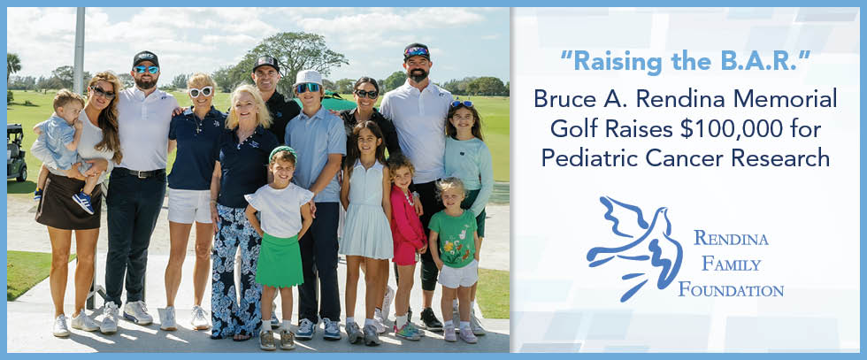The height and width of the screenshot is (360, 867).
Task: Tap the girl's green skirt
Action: [x=280, y=259]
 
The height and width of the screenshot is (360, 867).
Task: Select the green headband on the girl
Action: [x=282, y=151]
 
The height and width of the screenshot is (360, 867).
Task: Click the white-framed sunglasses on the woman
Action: [x=201, y=91]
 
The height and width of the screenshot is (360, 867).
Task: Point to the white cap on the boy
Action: [x=308, y=77]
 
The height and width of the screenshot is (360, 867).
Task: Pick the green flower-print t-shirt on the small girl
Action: [x=453, y=237]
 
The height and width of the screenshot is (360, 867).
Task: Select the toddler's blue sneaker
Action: [x=83, y=202]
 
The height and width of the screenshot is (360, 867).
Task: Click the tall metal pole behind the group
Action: [x=80, y=51]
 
